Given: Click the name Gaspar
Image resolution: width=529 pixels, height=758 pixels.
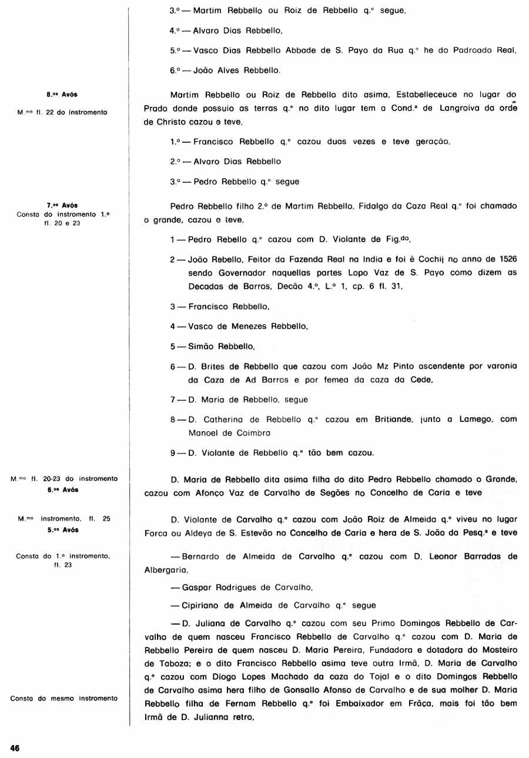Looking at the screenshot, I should coord(197,587).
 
